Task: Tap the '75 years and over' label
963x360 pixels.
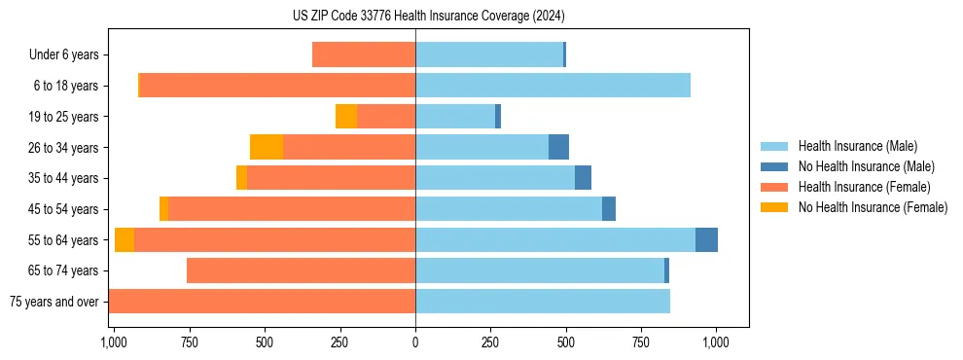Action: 54,302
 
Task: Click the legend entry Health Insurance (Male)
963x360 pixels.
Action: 857,146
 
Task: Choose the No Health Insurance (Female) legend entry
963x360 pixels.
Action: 873,207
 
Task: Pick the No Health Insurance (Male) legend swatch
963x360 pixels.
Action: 775,166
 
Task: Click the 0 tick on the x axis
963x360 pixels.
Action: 415,342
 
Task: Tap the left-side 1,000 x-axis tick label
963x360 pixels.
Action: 113,342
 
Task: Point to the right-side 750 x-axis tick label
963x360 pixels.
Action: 641,342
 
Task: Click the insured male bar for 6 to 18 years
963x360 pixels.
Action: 553,86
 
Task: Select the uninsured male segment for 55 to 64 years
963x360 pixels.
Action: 706,240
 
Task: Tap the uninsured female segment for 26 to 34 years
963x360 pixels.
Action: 267,147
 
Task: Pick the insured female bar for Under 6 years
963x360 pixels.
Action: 364,54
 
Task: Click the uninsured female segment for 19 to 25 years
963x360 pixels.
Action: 346,117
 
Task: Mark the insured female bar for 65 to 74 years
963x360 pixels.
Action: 301,270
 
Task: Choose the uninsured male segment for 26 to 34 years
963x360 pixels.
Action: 558,147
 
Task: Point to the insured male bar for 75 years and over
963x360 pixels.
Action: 543,302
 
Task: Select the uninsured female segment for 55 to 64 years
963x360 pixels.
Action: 125,240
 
